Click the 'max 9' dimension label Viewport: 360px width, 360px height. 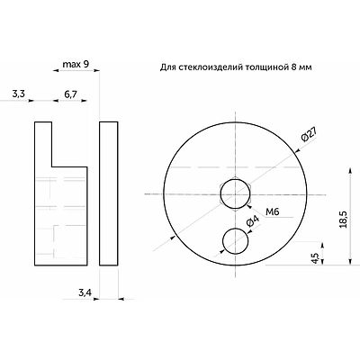point(76,64)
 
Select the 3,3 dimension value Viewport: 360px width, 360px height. point(18,94)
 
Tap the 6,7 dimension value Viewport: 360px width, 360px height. point(71,94)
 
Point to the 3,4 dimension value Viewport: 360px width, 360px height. point(85,292)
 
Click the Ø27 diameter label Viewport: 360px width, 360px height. point(309,134)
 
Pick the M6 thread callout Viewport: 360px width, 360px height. point(273,211)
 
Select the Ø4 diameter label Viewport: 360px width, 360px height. point(252,223)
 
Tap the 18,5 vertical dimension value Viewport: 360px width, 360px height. point(344,219)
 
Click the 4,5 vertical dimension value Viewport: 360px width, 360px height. point(314,258)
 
